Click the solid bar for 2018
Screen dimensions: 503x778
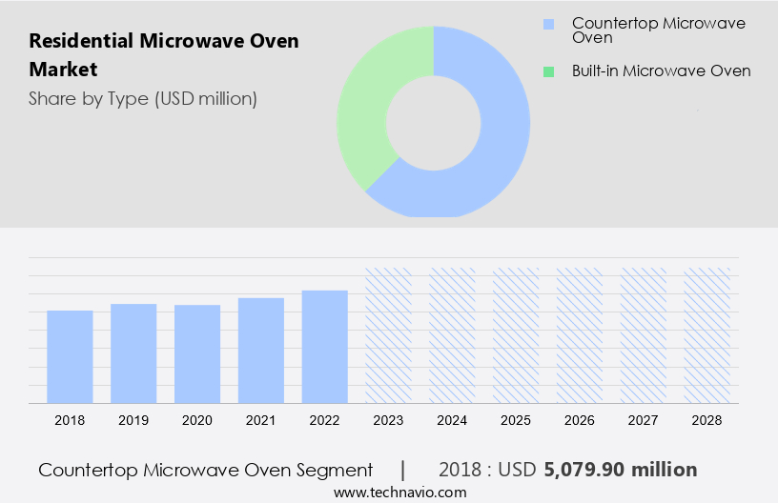pos(70,356)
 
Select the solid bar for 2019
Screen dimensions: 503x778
pos(133,353)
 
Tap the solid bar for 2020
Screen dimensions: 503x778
pos(197,353)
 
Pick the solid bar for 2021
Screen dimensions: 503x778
pos(261,351)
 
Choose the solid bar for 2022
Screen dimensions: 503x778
pos(325,347)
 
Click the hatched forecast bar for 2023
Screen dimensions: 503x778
pos(389,335)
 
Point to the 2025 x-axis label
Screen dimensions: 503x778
pos(517,420)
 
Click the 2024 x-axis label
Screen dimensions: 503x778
pos(453,420)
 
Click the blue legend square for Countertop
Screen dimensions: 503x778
pos(547,24)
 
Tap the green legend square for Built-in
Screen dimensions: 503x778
pos(547,70)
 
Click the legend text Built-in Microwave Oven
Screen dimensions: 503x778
pos(661,70)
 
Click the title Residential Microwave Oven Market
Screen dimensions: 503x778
pos(164,55)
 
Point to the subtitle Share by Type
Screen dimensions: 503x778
pos(143,98)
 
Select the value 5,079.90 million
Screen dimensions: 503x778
pos(621,470)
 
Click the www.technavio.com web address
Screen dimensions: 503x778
pos(399,493)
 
